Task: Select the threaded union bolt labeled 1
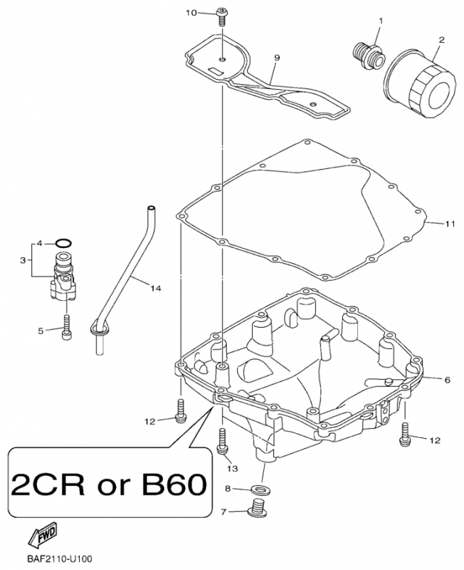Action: [368, 56]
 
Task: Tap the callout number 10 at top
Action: [191, 13]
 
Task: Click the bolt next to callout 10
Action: [221, 16]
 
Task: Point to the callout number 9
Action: [277, 58]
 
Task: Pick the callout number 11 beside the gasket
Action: [450, 224]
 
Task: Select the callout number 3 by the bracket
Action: [23, 260]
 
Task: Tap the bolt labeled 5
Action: [66, 328]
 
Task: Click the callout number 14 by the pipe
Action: [155, 289]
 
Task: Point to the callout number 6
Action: [447, 380]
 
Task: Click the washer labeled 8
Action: [258, 489]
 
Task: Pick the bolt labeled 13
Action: [222, 441]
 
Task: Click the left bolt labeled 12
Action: [181, 411]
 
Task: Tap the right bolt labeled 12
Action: [404, 434]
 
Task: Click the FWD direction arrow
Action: [43, 536]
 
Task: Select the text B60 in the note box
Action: [174, 484]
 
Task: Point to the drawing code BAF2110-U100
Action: [58, 558]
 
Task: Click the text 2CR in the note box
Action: [47, 484]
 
